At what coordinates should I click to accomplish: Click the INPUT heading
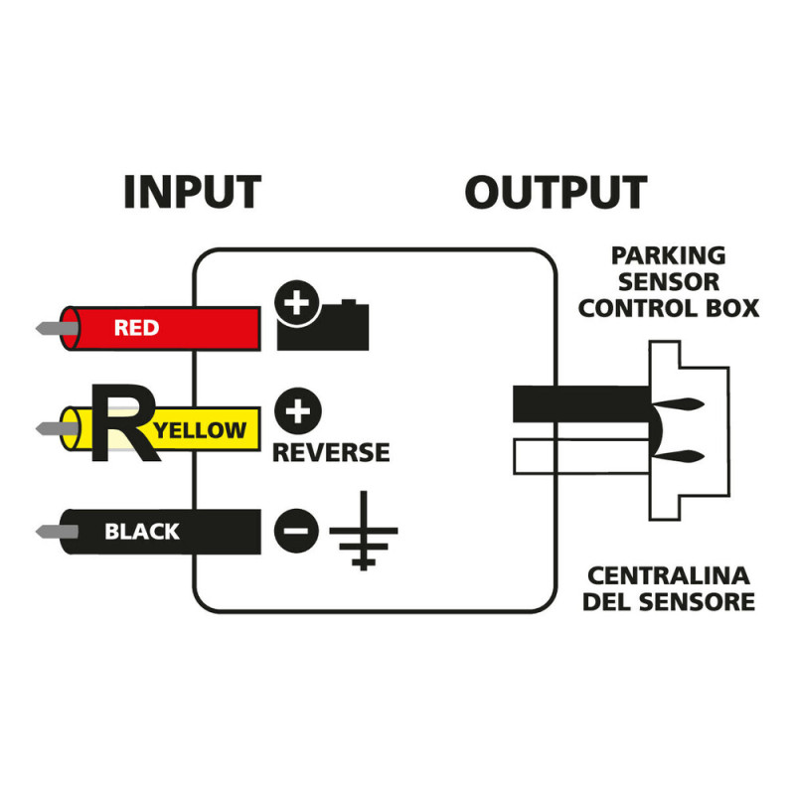pos(192,193)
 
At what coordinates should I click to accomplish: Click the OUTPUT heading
pos(556,193)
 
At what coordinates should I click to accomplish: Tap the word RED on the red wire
pos(136,328)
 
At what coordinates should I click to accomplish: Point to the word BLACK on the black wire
pos(142,532)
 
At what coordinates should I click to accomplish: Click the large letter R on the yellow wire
pos(122,424)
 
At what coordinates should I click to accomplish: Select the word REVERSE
pos(331,453)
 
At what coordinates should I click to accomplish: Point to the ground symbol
pos(363,533)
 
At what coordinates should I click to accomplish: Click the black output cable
pos(576,403)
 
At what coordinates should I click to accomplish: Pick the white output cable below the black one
pos(576,456)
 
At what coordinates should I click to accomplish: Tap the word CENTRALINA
pos(668,576)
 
